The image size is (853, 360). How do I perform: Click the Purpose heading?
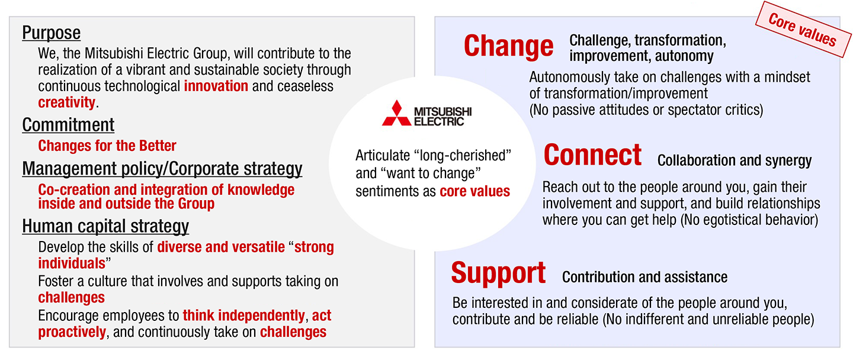pos(51,33)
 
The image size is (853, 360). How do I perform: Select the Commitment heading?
pos(68,125)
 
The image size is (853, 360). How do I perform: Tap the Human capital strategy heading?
pos(105,226)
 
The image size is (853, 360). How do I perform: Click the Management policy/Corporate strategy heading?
pos(162,169)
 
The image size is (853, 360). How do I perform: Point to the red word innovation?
pos(216,86)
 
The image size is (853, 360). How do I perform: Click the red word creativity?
pos(66,102)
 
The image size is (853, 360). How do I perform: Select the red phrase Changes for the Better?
pos(107,146)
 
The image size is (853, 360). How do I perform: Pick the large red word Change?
pos(508,46)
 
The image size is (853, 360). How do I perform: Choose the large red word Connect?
pos(592,155)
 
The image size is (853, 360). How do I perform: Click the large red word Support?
pos(498,273)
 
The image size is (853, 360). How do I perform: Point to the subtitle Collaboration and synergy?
pos(735,160)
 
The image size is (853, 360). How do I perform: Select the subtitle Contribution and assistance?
pos(644,277)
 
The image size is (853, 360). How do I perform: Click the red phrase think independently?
pos(243,315)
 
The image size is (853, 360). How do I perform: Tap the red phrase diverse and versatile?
pos(221,247)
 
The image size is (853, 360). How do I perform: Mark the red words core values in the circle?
pos(474,191)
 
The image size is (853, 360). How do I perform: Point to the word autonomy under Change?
pos(686,57)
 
